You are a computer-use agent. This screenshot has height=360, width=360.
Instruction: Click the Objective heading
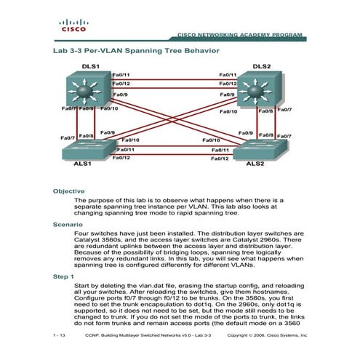[68, 191]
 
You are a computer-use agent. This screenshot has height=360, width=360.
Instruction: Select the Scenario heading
[67, 225]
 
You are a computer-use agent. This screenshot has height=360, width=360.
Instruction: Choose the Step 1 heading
[63, 277]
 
